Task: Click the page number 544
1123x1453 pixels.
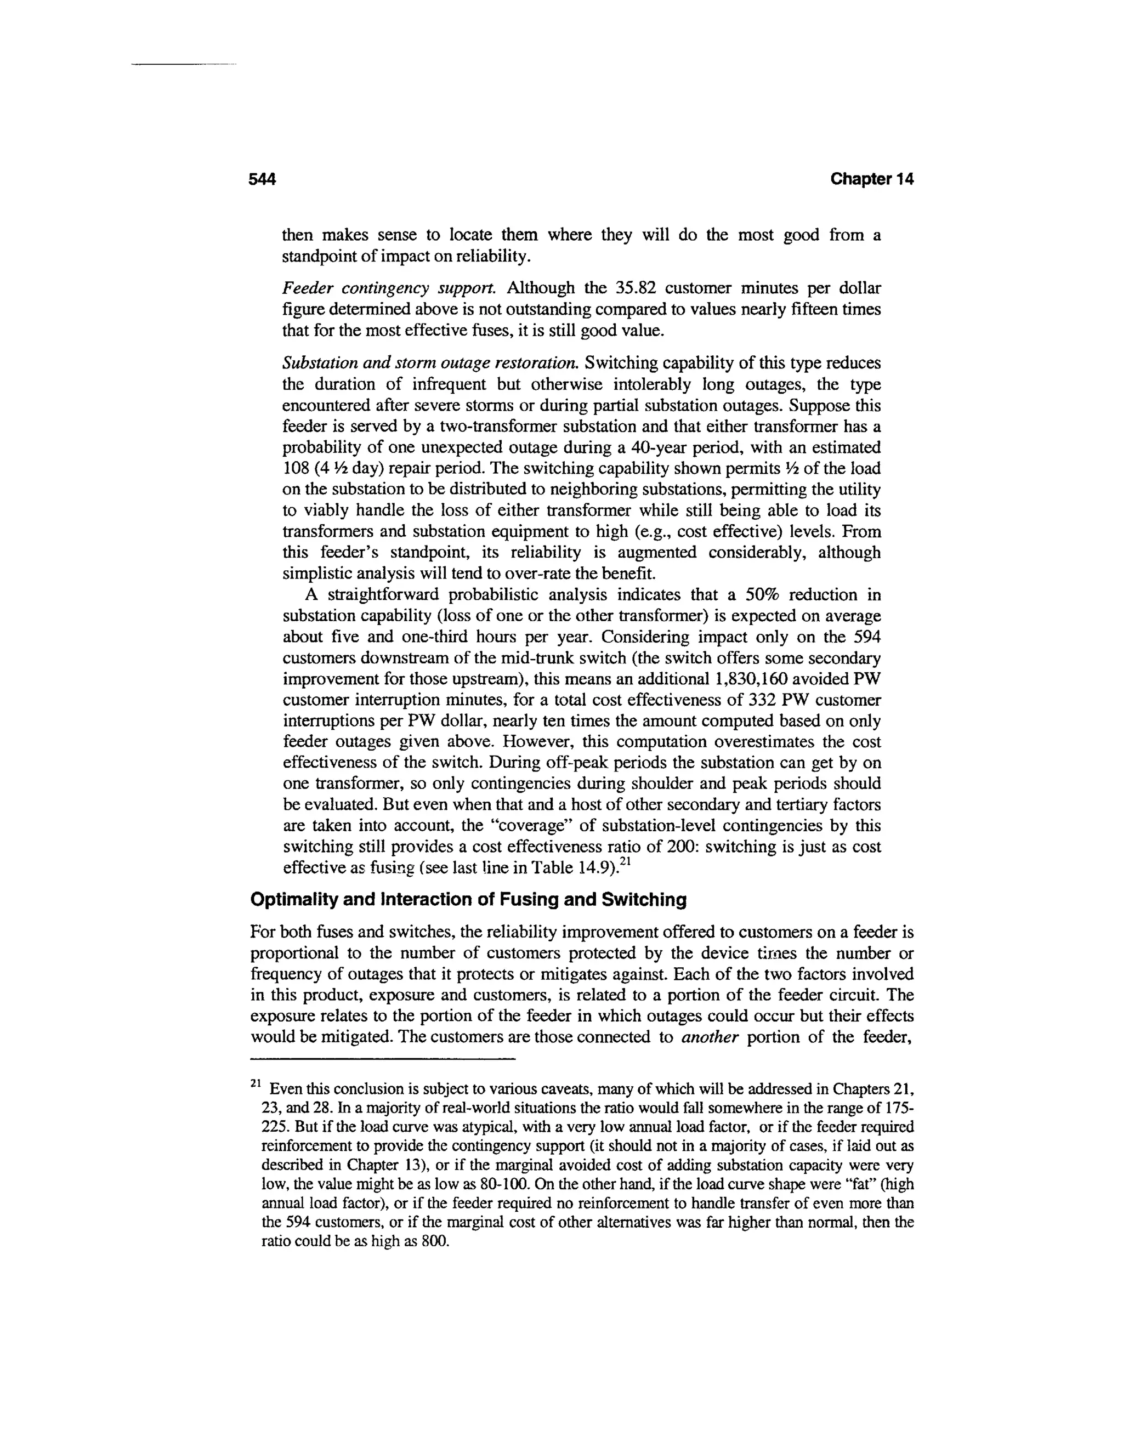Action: pyautogui.click(x=262, y=180)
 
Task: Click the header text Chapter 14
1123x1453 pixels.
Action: pyautogui.click(x=872, y=180)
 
